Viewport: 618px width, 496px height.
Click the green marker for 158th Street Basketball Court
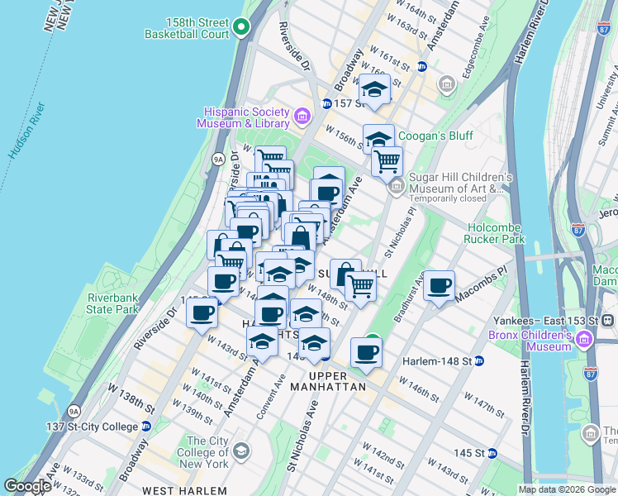[241, 28]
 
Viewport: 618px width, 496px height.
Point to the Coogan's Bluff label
[429, 136]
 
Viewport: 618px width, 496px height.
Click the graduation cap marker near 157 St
[374, 90]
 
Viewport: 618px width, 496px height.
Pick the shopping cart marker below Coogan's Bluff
[387, 161]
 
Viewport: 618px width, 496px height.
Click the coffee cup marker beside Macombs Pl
[439, 286]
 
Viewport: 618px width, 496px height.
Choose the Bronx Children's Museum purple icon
[585, 339]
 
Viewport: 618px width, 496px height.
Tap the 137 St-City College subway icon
[146, 427]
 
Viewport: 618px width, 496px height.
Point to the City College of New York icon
[240, 451]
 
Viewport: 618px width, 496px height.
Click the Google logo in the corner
[28, 487]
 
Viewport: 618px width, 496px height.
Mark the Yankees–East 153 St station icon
[607, 319]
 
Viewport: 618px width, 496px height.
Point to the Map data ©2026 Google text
[567, 489]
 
